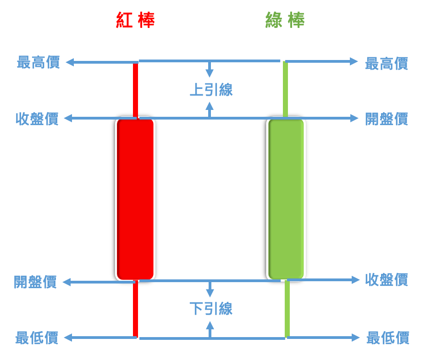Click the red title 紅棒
coord(135,21)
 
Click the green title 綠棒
coord(285,21)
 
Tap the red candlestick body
coord(135,199)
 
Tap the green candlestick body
coord(286,199)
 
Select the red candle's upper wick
coord(135,90)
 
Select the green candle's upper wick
coord(285,90)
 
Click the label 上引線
coord(211,90)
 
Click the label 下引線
coord(211,309)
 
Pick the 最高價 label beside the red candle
coord(38,63)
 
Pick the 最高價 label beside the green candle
coord(387,64)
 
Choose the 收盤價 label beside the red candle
coord(37,119)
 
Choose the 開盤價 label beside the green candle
coord(387,119)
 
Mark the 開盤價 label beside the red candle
coord(35,282)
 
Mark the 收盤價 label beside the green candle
coord(387,280)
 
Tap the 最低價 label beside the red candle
coord(37,338)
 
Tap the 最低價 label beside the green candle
coord(388,338)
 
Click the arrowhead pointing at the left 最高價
coord(70,62)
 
